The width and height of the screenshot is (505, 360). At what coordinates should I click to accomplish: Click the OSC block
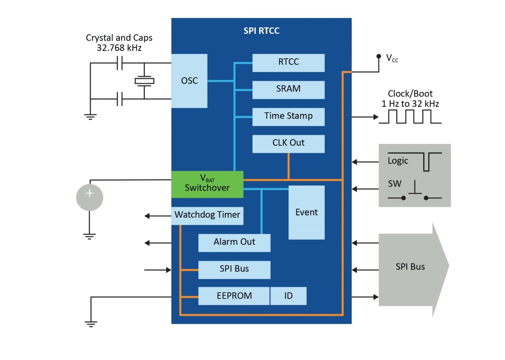(189, 81)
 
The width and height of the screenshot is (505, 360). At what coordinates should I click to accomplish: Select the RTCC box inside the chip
(288, 62)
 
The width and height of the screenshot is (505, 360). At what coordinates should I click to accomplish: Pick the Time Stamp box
(288, 116)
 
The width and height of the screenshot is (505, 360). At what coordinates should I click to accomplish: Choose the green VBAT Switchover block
(207, 184)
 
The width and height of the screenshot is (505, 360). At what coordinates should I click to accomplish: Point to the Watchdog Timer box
(207, 215)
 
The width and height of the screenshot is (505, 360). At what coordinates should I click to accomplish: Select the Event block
(307, 213)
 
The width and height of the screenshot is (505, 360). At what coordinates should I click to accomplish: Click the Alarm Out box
(234, 242)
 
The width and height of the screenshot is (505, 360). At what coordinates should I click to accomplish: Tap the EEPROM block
(234, 296)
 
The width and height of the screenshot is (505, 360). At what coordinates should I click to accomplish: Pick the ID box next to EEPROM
(288, 296)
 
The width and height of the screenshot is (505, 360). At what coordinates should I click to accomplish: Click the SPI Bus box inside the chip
(234, 269)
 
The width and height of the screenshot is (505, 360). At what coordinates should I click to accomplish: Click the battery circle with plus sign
(90, 197)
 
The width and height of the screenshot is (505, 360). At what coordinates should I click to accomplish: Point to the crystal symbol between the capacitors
(144, 81)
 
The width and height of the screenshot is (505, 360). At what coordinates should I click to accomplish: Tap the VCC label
(392, 59)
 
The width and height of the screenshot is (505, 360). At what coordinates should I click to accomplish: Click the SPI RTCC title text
(261, 31)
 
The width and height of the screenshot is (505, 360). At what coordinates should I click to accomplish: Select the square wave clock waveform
(410, 117)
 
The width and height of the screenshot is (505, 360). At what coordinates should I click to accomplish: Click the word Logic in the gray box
(398, 161)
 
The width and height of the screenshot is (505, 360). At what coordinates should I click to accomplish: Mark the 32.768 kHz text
(119, 48)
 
